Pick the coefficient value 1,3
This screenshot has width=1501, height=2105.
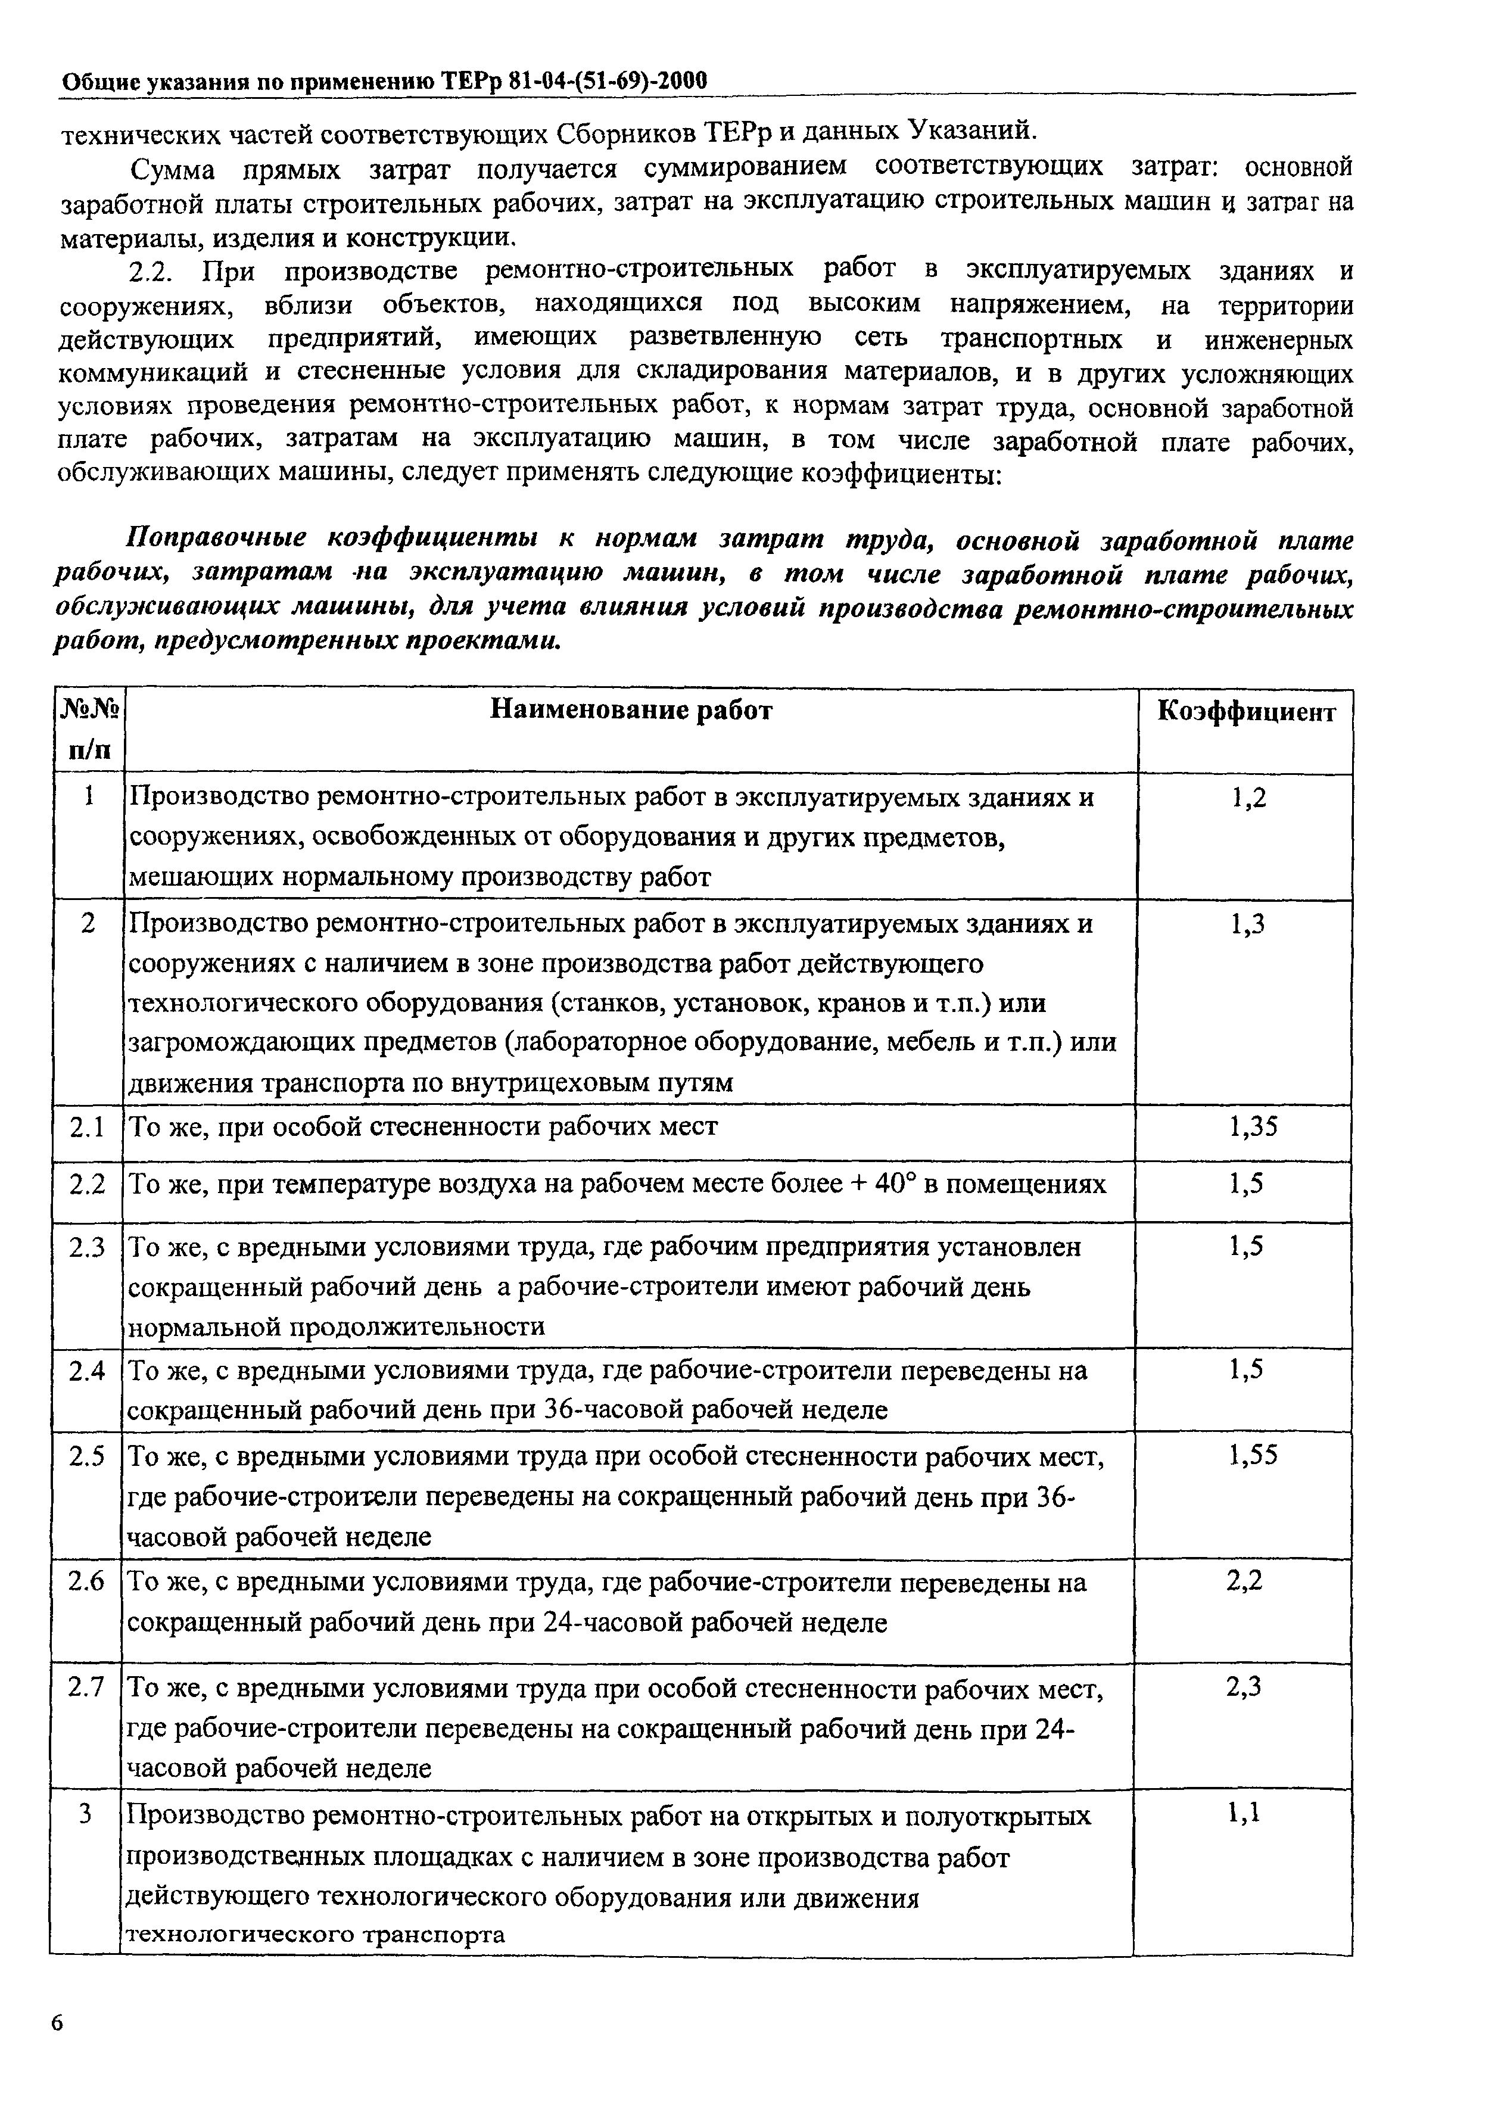1248,924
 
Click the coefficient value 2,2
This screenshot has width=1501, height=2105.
1245,1582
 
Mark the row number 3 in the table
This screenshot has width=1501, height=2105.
86,1815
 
